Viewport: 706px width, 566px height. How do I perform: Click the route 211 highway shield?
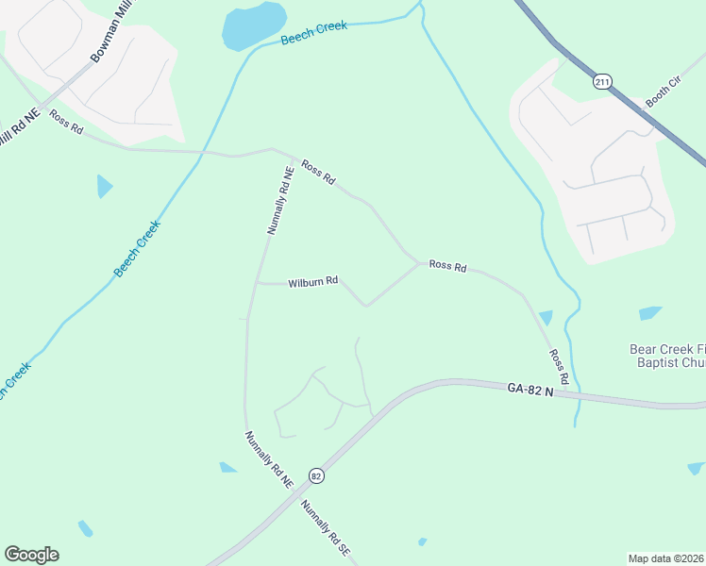(602, 82)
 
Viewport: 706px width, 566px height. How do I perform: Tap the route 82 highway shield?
(316, 476)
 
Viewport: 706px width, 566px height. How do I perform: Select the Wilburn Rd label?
(313, 282)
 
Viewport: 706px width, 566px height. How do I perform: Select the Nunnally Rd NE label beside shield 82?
(269, 459)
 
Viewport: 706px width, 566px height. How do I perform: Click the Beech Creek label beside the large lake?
(313, 33)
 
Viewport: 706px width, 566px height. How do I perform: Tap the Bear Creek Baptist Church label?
(667, 355)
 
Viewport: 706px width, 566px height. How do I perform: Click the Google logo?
(31, 555)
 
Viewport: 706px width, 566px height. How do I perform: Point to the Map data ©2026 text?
(666, 558)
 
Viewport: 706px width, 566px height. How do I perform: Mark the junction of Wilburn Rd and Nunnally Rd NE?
(257, 283)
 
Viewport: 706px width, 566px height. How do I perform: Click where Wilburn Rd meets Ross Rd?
(418, 264)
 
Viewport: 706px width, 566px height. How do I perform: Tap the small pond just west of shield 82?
(228, 467)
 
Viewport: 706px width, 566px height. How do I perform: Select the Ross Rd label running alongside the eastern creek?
(559, 366)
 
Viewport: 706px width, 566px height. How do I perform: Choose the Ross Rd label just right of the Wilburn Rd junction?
(447, 267)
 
